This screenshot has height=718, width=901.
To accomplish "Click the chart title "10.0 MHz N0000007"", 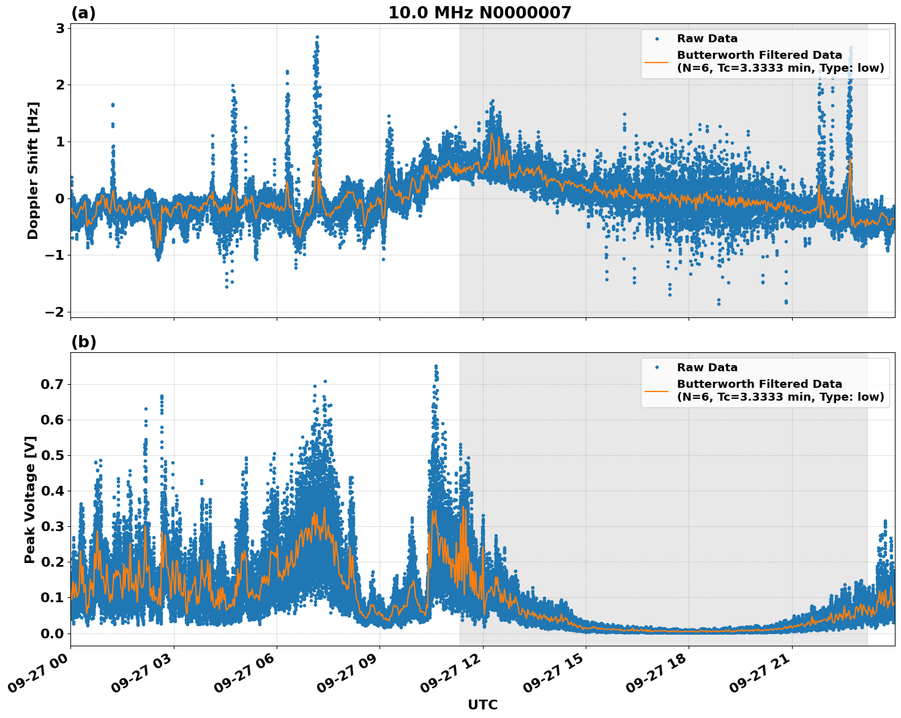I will point(479,13).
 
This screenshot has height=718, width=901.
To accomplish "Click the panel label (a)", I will point(83,13).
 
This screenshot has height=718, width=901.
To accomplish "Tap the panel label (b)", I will point(83,342).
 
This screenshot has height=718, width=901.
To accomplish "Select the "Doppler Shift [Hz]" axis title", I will point(33,170).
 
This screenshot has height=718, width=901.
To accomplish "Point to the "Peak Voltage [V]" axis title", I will point(30,499).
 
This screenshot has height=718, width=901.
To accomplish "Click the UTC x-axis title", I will point(482,705).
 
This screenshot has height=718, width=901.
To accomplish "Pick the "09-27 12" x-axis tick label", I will point(452,676).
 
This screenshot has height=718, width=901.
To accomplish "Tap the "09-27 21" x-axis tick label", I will point(761,676).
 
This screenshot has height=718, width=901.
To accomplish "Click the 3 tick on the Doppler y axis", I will point(60,28).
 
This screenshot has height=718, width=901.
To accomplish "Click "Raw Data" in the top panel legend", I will point(707,39).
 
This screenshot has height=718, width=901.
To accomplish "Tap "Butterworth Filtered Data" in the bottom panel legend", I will point(759,384).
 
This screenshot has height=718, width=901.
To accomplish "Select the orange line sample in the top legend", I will point(657,61).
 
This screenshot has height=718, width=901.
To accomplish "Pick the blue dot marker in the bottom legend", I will point(657,368).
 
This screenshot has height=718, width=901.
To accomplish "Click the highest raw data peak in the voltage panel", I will point(436,366).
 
